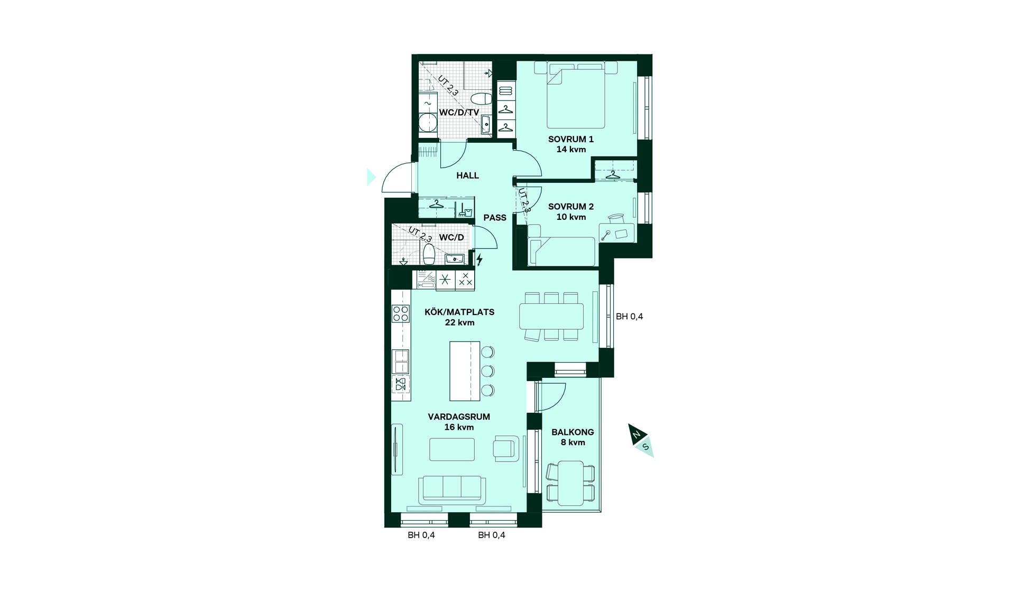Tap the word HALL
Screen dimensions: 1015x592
point(468,175)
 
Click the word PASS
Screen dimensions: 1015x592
point(495,217)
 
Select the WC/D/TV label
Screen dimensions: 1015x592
point(459,113)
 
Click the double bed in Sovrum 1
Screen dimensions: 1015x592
point(576,95)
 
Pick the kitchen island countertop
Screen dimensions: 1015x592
point(465,371)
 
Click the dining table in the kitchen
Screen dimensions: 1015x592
point(551,316)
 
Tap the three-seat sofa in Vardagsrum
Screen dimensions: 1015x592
point(452,490)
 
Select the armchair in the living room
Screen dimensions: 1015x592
point(504,448)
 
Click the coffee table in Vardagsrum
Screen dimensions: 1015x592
point(452,449)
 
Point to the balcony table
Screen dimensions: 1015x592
point(571,483)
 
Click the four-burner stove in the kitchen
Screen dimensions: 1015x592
point(401,313)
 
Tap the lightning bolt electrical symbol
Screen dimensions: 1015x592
point(479,260)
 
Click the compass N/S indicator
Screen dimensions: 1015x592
point(641,440)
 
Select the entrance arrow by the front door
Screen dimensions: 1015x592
point(371,177)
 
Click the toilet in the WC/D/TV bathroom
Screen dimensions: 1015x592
point(481,99)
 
